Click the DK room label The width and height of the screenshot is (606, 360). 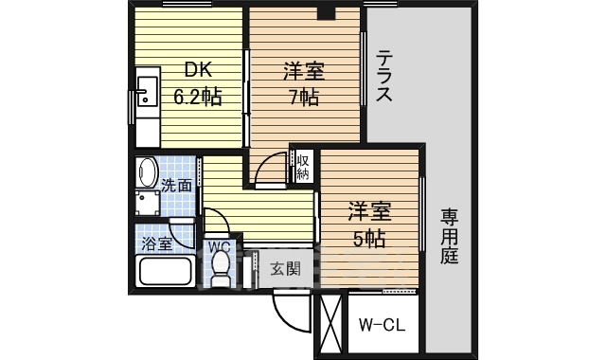pyautogui.click(x=196, y=70)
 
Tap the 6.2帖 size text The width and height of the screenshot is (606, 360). pyautogui.click(x=196, y=96)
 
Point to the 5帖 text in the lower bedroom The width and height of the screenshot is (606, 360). pyautogui.click(x=369, y=238)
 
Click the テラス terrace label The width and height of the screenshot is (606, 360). pyautogui.click(x=385, y=75)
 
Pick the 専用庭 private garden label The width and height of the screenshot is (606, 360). pyautogui.click(x=449, y=237)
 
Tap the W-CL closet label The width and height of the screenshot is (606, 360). pyautogui.click(x=382, y=326)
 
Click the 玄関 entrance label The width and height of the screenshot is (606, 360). pyautogui.click(x=285, y=269)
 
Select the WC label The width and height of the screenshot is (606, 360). pyautogui.click(x=219, y=247)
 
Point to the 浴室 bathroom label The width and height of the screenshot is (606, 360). pyautogui.click(x=157, y=244)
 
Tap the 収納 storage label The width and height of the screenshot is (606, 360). pyautogui.click(x=303, y=168)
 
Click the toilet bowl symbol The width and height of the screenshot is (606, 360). pyautogui.click(x=220, y=273)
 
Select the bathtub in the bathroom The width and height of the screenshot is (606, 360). pyautogui.click(x=166, y=272)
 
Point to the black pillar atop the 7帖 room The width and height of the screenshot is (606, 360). pyautogui.click(x=327, y=12)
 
